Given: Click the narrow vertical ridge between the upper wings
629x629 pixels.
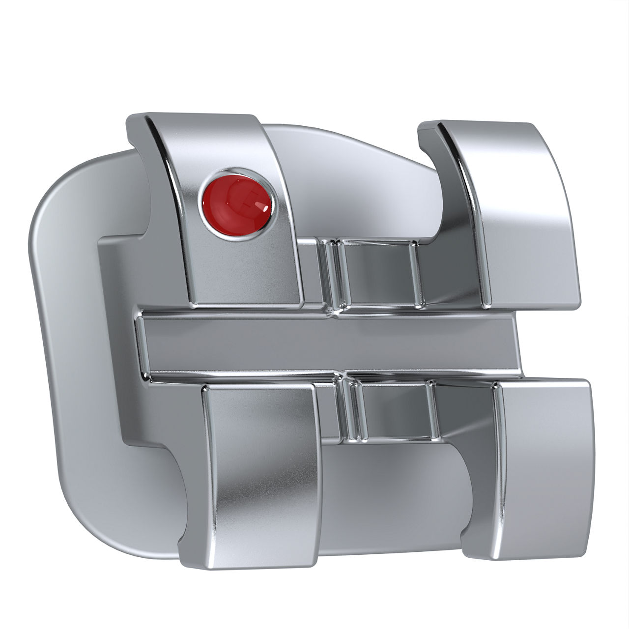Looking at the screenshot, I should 330,275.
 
